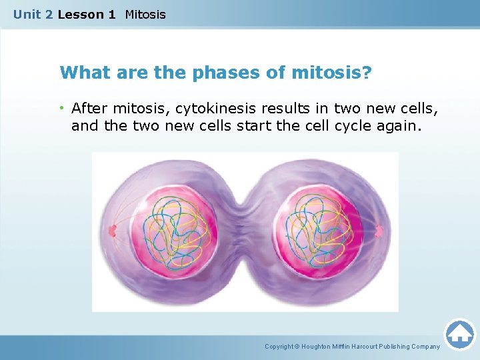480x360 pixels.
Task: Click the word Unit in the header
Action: pos(27,14)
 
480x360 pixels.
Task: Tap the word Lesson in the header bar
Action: pos(78,14)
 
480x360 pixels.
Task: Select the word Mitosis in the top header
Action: pos(145,14)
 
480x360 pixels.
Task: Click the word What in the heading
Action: pos(82,72)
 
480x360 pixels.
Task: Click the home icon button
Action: pos(459,333)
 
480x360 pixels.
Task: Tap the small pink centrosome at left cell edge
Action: pos(112,231)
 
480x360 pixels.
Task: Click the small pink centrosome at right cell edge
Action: pos(379,231)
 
